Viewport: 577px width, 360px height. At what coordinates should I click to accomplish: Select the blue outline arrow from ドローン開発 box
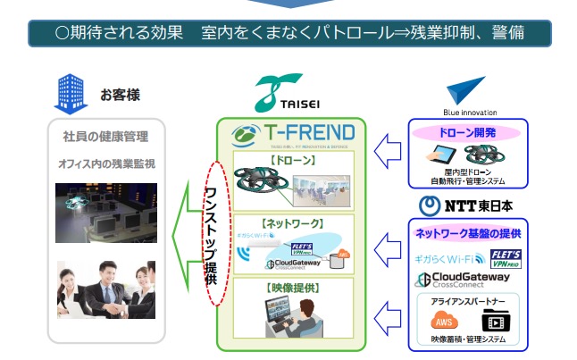(386, 148)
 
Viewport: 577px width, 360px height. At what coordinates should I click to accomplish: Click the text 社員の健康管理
(106, 138)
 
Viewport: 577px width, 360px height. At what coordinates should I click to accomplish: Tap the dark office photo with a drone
(106, 213)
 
